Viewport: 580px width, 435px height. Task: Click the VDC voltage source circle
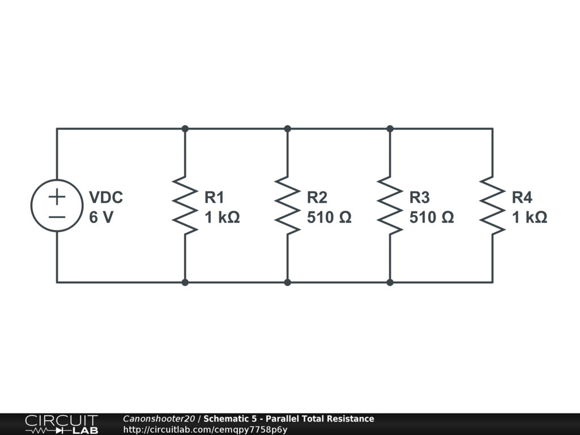(x=57, y=205)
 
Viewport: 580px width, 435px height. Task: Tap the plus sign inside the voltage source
(x=57, y=197)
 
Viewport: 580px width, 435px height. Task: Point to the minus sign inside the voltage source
(x=57, y=216)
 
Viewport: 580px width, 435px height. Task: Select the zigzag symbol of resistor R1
(x=185, y=205)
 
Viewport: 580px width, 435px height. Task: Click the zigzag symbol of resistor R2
(x=287, y=205)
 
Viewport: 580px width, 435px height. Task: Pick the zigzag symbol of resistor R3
(x=390, y=205)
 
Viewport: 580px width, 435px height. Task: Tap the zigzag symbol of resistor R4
(x=492, y=205)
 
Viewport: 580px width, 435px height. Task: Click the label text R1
(x=214, y=197)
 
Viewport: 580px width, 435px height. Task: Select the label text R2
(x=317, y=197)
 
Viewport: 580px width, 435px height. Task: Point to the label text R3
(x=420, y=197)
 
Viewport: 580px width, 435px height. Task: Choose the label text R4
(x=522, y=197)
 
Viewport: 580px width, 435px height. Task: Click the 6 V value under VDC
(x=101, y=217)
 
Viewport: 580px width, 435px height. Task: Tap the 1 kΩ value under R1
(x=222, y=217)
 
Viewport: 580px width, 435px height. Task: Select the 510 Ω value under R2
(x=329, y=217)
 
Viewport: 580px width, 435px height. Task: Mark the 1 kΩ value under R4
(x=530, y=217)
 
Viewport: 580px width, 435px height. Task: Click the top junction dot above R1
(x=185, y=129)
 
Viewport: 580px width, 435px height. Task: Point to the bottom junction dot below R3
(x=390, y=282)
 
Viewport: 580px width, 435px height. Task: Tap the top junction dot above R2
(x=287, y=129)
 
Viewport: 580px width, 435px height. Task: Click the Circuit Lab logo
(x=61, y=424)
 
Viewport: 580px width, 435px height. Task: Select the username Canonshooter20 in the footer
(x=159, y=419)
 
